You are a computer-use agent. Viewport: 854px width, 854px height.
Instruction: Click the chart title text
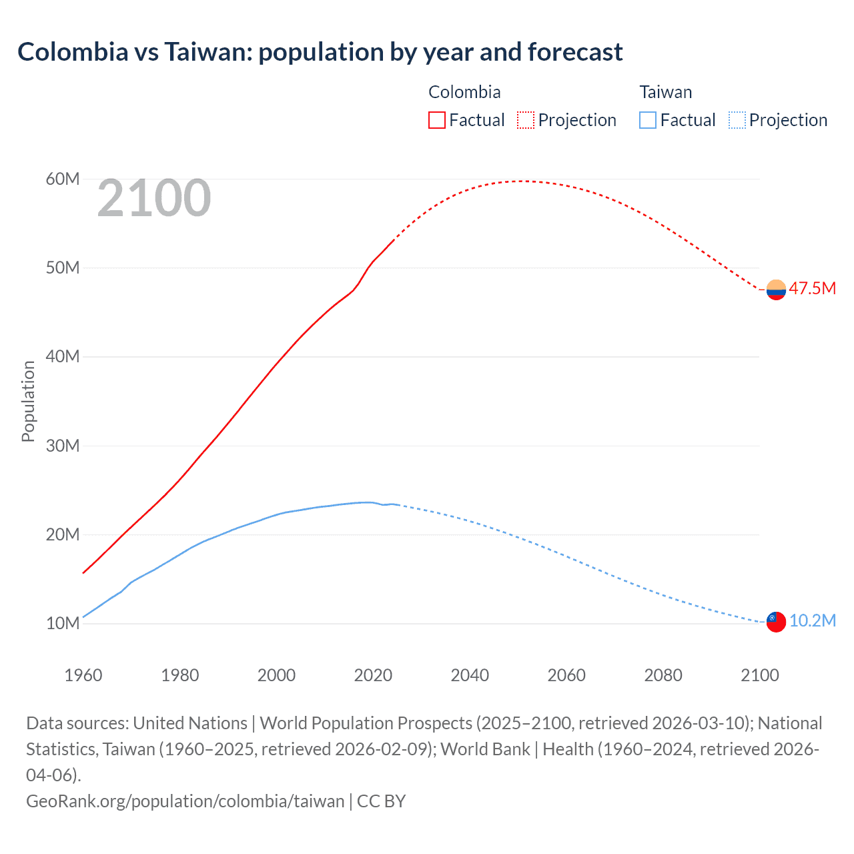pos(320,52)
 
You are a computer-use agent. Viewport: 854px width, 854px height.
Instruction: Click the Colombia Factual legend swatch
pos(437,120)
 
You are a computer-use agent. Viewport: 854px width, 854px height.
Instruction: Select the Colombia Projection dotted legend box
pos(526,120)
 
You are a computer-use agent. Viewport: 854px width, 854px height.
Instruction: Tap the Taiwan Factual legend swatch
pos(648,120)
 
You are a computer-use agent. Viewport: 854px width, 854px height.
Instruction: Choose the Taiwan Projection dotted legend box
pos(737,120)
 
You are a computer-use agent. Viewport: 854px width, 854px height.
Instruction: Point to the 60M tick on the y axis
pos(63,179)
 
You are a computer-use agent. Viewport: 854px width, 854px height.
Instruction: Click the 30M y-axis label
pos(63,446)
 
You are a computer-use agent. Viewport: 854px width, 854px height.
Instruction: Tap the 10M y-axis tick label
pos(63,623)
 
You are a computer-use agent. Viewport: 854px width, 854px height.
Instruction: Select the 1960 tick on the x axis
pos(83,675)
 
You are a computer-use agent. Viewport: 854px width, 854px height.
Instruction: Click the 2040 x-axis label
pos(470,675)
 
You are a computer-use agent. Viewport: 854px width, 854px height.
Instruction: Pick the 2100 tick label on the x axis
pos(760,675)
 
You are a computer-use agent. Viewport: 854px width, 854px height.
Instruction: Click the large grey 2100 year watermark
pos(154,198)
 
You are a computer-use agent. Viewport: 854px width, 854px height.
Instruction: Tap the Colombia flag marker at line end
pos(776,290)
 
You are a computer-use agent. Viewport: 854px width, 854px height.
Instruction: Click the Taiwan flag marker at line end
pos(776,621)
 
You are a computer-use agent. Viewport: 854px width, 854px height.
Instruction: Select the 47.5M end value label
pos(812,289)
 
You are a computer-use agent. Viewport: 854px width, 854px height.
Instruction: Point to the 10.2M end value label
pos(812,621)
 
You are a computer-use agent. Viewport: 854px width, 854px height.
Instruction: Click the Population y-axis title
pos(28,401)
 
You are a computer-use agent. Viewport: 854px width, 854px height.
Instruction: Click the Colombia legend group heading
pos(464,92)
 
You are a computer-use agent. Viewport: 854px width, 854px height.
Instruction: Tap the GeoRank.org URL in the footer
pos(185,801)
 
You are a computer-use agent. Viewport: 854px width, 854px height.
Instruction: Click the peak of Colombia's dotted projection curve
pos(524,181)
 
